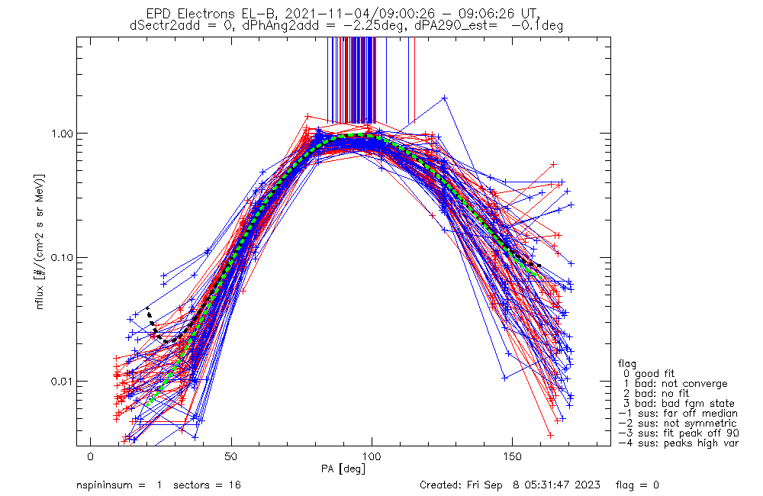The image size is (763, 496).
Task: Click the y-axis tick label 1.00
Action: (x=61, y=133)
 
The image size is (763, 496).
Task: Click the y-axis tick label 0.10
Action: (x=61, y=257)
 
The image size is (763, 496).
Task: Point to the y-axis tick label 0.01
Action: (x=61, y=381)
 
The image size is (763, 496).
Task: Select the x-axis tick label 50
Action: (x=231, y=456)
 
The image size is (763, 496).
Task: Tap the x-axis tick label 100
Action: (x=372, y=456)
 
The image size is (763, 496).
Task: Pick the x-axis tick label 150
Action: (x=513, y=456)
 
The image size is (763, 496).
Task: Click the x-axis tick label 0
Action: (x=91, y=456)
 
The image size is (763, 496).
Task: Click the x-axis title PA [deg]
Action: (x=343, y=469)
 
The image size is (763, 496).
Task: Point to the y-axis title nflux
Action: (x=40, y=297)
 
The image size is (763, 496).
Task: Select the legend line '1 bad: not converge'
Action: (x=675, y=384)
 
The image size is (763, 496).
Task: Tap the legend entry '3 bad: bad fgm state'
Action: (x=679, y=404)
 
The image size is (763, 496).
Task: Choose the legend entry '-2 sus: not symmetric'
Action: (x=678, y=424)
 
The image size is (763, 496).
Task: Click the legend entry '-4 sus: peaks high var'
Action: (x=678, y=443)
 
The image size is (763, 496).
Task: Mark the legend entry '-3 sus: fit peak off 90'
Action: (x=678, y=433)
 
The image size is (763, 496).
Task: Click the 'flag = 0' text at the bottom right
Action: (x=637, y=485)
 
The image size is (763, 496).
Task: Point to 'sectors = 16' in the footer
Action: (x=207, y=485)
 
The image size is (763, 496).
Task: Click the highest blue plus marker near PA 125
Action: (x=444, y=98)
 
